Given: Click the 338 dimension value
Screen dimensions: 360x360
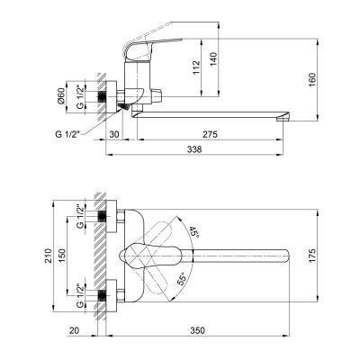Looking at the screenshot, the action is pyautogui.click(x=194, y=149).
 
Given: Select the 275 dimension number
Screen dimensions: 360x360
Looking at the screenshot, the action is pyautogui.click(x=210, y=134).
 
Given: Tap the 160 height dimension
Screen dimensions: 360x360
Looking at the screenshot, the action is pyautogui.click(x=312, y=79).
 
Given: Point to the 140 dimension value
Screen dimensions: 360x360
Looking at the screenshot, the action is pyautogui.click(x=213, y=59).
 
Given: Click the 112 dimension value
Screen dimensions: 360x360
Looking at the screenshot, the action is pyautogui.click(x=196, y=67).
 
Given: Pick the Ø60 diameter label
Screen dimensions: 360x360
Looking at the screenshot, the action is pyautogui.click(x=61, y=96).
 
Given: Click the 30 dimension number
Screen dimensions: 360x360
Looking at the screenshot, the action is pyautogui.click(x=114, y=134).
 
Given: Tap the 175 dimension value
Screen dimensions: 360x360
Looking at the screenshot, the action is pyautogui.click(x=312, y=256).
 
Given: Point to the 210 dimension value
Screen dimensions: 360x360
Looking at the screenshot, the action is pyautogui.click(x=48, y=256).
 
